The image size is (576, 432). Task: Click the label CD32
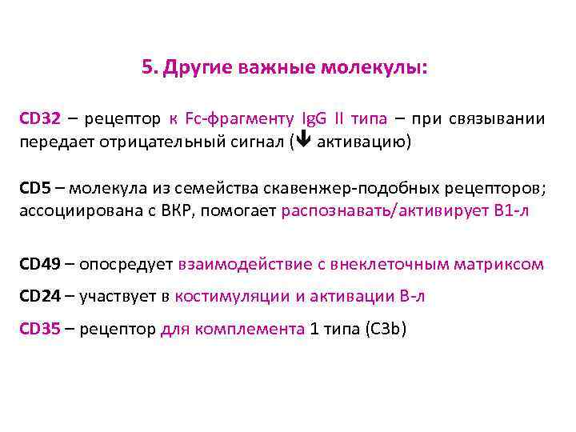[40, 119]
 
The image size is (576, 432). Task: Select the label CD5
[35, 189]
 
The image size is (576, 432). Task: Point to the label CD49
[40, 263]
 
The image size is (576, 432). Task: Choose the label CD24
[40, 296]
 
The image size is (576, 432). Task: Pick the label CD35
[40, 328]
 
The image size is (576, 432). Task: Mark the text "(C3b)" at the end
[384, 328]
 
